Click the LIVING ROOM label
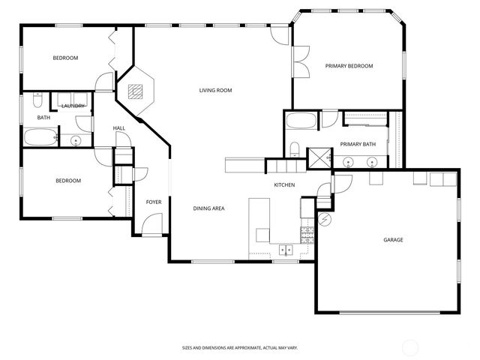click(215, 91)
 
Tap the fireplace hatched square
click(135, 91)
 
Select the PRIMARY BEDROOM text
click(349, 66)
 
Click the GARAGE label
click(393, 240)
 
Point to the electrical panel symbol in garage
click(324, 220)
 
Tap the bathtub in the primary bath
click(301, 121)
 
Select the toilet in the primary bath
click(295, 148)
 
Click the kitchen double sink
click(286, 250)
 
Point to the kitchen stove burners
click(306, 234)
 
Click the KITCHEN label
click(284, 184)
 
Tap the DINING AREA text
click(208, 208)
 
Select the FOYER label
click(153, 202)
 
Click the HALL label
click(119, 128)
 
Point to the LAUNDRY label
click(73, 106)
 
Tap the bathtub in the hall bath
click(40, 137)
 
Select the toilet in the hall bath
click(37, 101)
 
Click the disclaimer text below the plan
click(239, 347)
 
